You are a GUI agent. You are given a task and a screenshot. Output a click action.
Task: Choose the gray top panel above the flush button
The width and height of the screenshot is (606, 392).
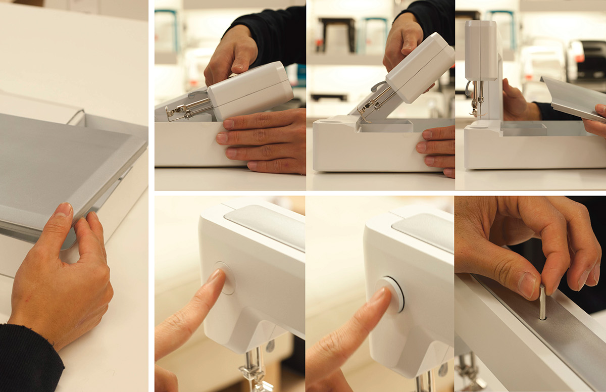[265, 225]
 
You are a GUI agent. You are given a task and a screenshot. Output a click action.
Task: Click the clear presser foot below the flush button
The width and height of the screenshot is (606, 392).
[256, 374]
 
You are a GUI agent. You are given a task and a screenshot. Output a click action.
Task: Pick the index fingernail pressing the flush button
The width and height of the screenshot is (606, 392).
[216, 275]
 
